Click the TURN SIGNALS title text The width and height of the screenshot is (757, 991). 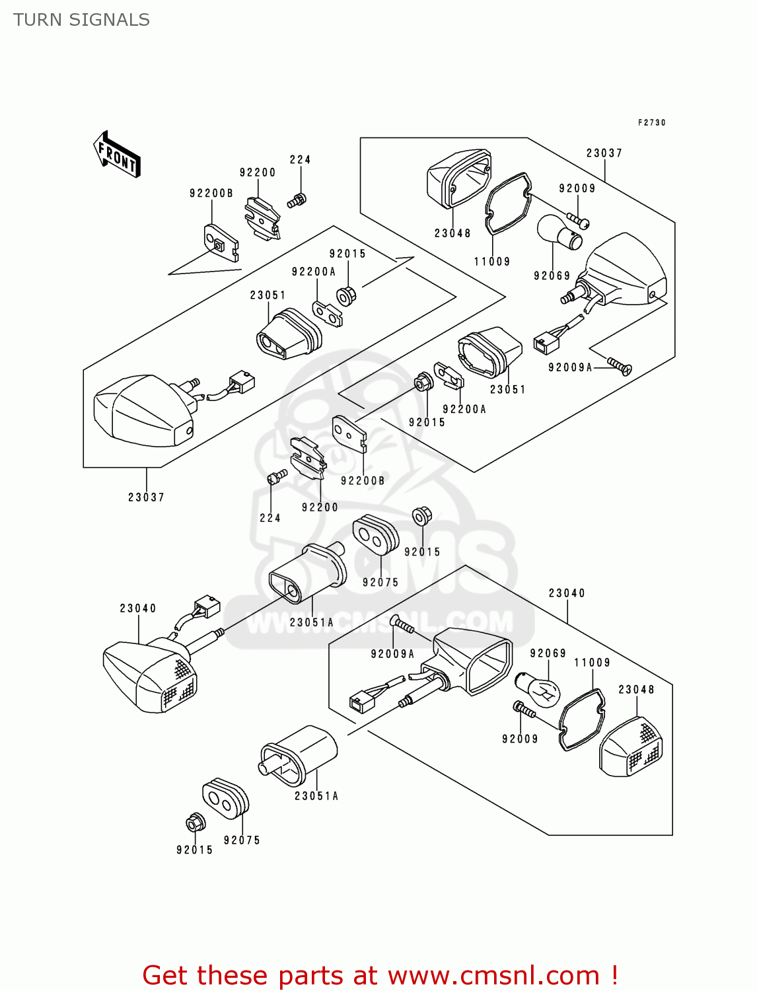tap(81, 20)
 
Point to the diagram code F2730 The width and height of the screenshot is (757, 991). tap(651, 123)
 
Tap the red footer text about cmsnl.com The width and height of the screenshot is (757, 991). tap(380, 975)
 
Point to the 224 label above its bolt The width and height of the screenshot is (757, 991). tap(300, 160)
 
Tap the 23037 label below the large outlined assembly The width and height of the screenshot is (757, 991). tap(146, 497)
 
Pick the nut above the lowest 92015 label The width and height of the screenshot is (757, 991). tap(195, 823)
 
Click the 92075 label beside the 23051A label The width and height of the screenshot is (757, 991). tap(380, 583)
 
